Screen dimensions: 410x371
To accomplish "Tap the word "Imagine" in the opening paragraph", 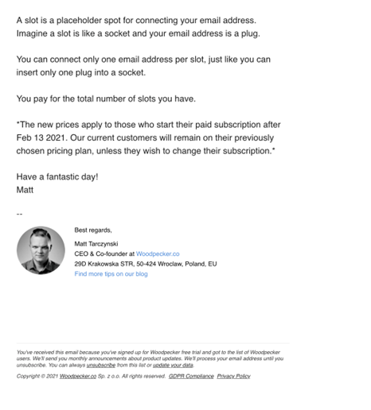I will [33, 33].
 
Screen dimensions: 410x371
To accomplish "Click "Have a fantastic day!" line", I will [57, 176].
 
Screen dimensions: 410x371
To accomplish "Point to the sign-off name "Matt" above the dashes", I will [25, 190].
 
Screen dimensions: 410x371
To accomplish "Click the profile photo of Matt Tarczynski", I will [41, 250].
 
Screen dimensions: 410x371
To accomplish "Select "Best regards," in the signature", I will [93, 230].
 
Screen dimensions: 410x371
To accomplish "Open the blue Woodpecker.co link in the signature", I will [158, 253].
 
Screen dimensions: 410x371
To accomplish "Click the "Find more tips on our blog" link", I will [111, 274].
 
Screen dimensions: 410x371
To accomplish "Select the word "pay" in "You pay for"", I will [41, 99].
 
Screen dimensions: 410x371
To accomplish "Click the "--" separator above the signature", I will [20, 213].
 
